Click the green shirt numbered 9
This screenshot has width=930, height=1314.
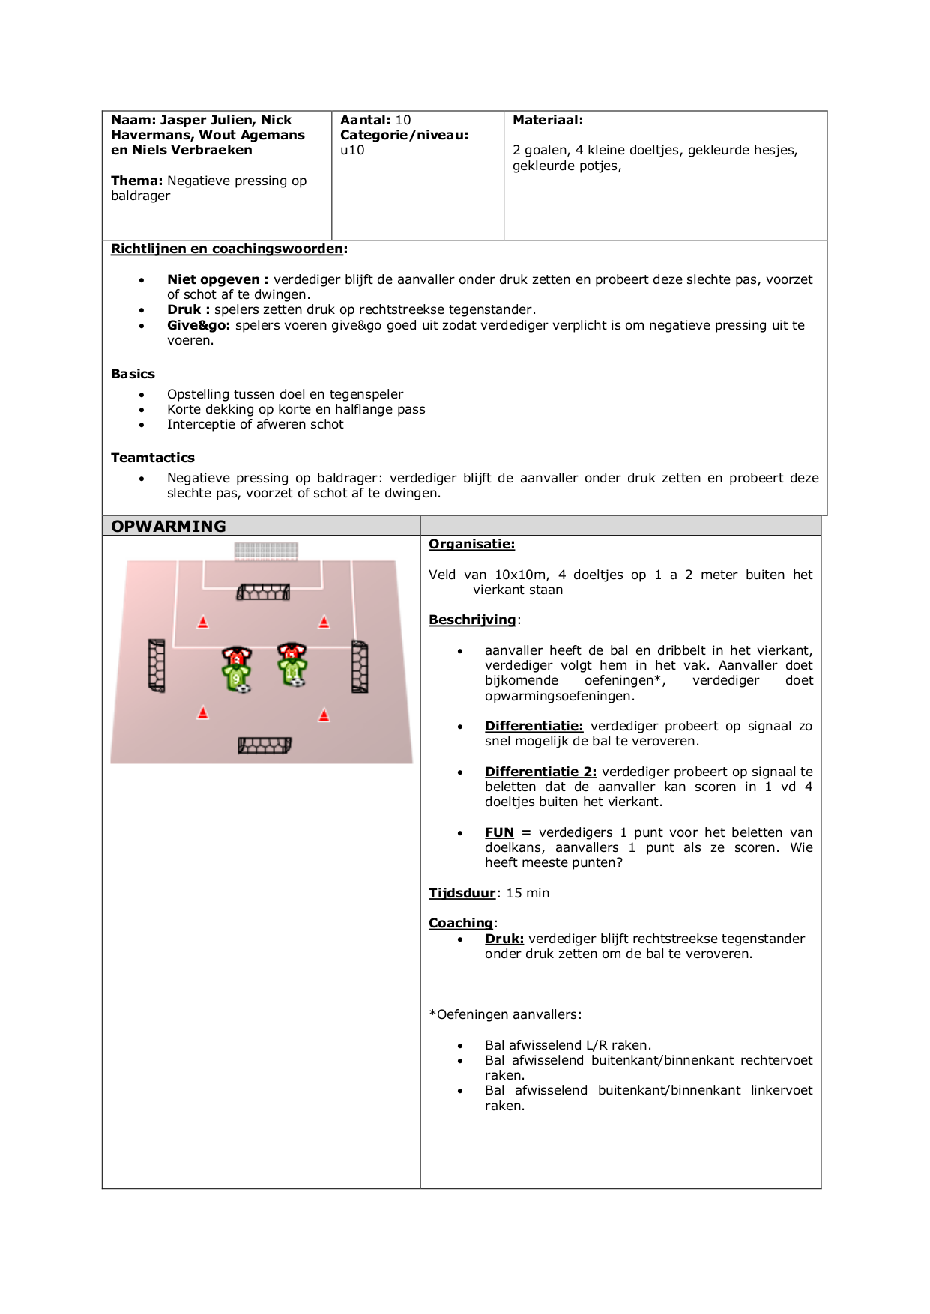coord(236,677)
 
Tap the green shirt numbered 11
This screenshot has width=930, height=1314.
coord(292,670)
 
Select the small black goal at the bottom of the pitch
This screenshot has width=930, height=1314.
coord(264,745)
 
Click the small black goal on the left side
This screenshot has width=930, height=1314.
coord(157,665)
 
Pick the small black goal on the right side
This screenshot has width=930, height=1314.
coord(360,667)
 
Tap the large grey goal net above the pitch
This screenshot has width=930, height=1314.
coord(266,551)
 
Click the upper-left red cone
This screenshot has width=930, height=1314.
coord(202,622)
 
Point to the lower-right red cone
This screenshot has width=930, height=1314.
coord(324,715)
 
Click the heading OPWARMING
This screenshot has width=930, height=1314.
coord(169,526)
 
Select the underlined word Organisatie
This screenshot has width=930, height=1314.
coord(471,545)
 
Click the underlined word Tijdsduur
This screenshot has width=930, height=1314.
coord(462,893)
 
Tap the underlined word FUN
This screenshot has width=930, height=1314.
coord(499,832)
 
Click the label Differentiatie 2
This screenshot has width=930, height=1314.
coord(540,772)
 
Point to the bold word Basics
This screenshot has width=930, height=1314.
coord(133,374)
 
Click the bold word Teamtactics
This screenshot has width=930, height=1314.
coord(153,458)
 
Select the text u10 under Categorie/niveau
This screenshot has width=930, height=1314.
coord(352,150)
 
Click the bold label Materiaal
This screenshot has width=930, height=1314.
coord(547,120)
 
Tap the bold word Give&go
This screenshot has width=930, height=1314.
coord(200,325)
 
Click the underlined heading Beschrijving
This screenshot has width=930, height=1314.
coord(472,620)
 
